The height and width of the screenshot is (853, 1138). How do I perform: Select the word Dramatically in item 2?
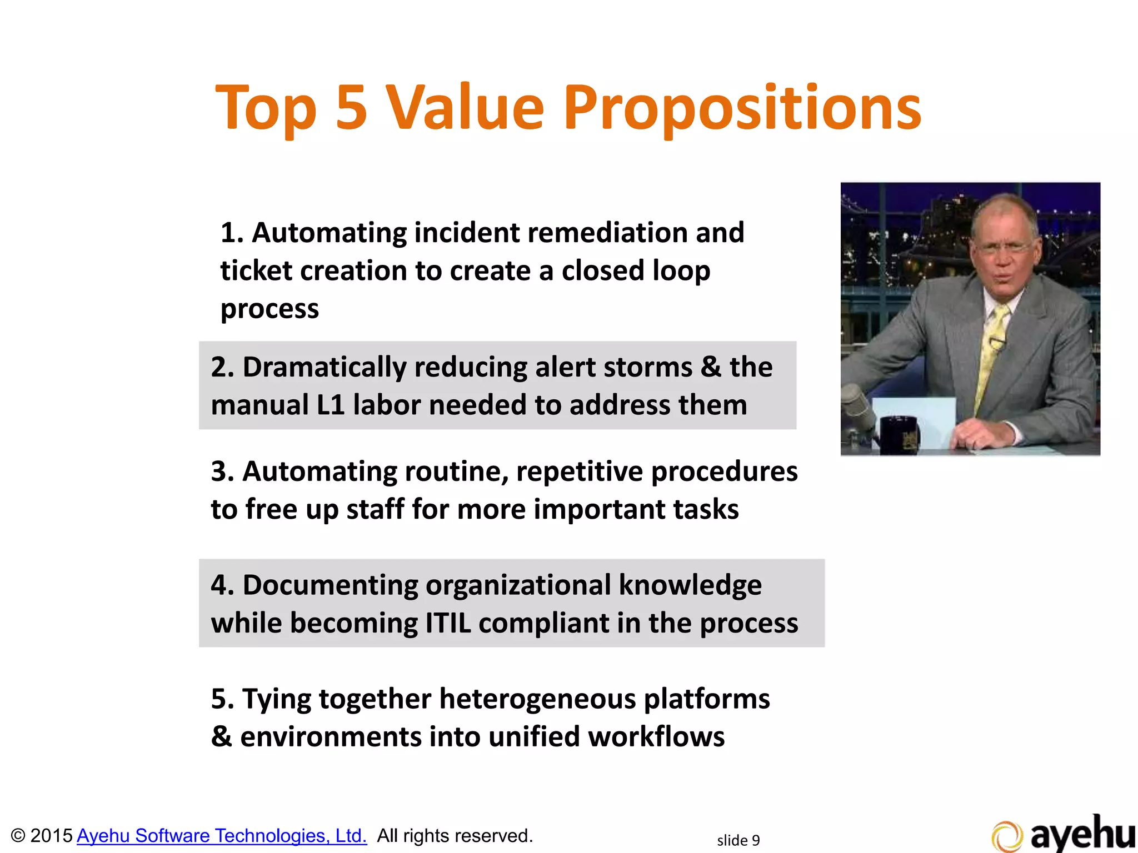(x=325, y=368)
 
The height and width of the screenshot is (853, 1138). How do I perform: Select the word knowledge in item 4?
(x=690, y=585)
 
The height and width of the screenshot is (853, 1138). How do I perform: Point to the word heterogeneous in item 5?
(x=537, y=699)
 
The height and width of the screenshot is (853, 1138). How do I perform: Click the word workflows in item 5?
(x=656, y=737)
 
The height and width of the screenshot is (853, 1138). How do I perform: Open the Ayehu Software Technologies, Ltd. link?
(x=222, y=836)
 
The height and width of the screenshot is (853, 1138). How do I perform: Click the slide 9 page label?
(x=738, y=840)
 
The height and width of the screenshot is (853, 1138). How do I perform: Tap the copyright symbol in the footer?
(x=18, y=836)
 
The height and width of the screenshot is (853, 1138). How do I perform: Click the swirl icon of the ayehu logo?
(x=1006, y=836)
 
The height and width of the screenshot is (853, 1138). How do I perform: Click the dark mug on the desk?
(x=899, y=435)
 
